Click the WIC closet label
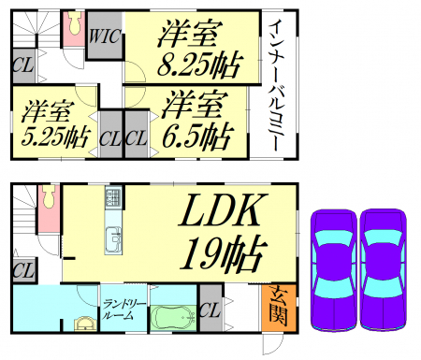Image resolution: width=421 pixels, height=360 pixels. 105,36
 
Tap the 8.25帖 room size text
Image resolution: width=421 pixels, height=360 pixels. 199,65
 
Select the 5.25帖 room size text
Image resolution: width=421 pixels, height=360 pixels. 55,137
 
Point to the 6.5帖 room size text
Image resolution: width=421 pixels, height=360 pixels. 197,137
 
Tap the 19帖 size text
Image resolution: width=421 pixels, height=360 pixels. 224,253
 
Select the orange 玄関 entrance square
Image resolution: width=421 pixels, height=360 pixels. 279,308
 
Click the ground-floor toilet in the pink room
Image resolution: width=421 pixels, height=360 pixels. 50,196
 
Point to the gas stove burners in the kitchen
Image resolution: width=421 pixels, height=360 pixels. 113,196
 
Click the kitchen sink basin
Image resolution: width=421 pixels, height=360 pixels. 113,239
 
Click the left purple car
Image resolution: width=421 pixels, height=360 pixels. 333,270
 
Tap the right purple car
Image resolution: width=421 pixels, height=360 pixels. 384,270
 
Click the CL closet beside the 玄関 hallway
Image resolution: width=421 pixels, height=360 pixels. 210,309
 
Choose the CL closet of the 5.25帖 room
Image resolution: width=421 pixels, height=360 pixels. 110,135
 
